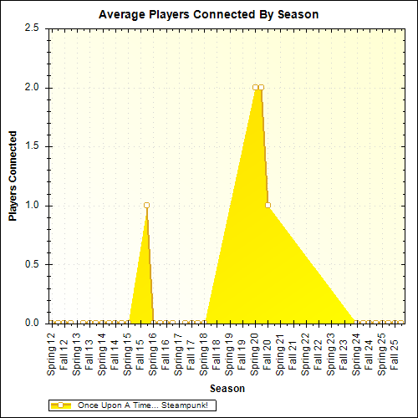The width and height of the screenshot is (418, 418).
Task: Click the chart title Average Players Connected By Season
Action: coord(208,15)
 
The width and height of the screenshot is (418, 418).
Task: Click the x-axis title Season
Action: coord(227,389)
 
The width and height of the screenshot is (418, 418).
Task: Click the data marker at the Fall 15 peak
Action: coord(146,205)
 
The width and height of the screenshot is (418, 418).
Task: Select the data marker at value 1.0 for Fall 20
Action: coord(268,205)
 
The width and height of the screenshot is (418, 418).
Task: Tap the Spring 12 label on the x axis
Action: coord(52,352)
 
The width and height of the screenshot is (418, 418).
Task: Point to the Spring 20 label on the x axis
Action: coord(255,352)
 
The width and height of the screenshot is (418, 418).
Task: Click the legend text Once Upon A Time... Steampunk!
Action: coord(141,405)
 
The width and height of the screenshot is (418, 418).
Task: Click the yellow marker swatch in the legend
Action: coord(61,405)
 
